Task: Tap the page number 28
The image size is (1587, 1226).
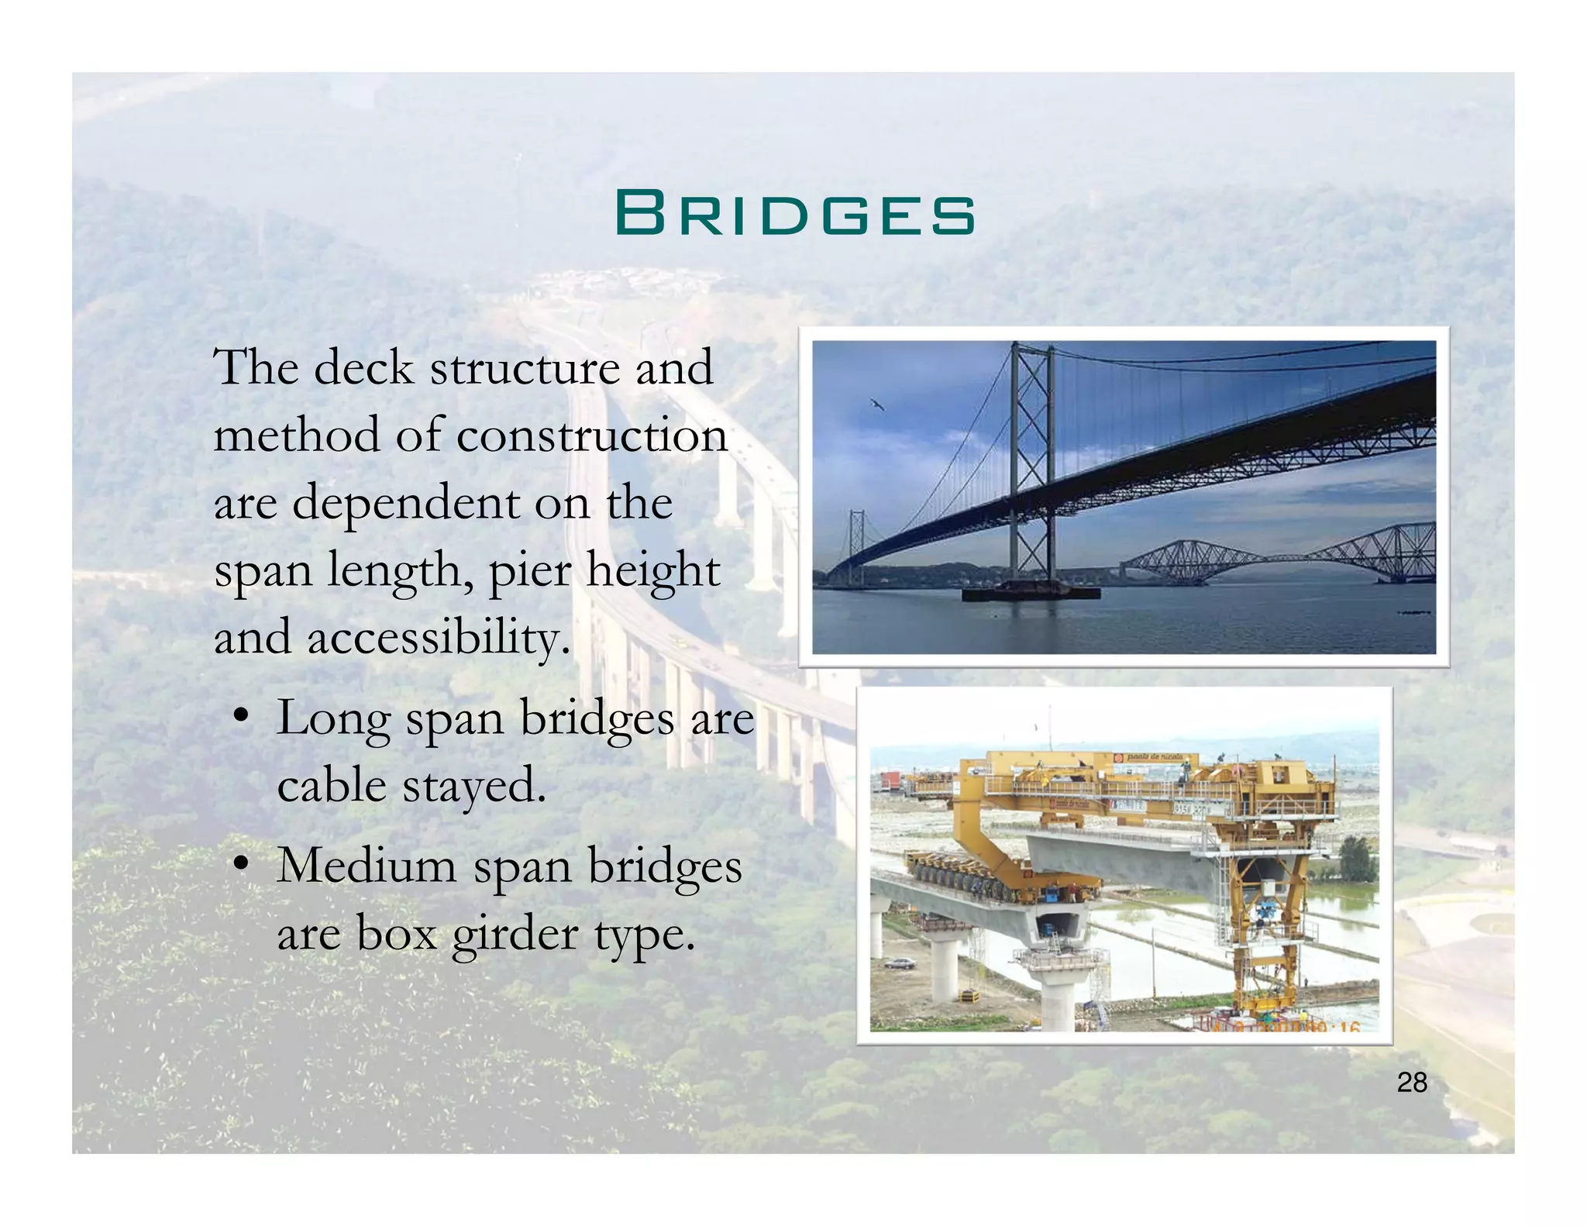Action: pos(1412,1082)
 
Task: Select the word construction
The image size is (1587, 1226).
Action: pos(592,435)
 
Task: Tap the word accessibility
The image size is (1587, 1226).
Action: pos(439,638)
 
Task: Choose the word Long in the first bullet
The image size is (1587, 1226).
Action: pos(333,718)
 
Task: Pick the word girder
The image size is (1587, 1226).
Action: pos(516,933)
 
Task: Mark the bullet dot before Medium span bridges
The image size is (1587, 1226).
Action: pos(243,862)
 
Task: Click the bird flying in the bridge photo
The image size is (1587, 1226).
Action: pos(877,403)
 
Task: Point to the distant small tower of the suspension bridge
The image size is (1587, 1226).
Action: pos(856,542)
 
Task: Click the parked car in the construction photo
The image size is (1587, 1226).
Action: pos(899,963)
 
